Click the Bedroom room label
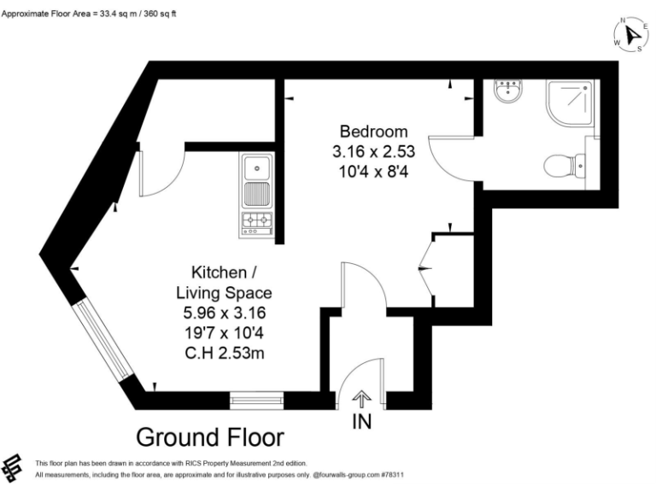click(373, 132)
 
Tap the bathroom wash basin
click(508, 91)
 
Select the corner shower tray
click(570, 102)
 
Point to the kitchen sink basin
click(257, 167)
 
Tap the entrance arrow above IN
click(361, 399)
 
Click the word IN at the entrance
click(362, 421)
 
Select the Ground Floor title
click(210, 437)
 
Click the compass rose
click(631, 35)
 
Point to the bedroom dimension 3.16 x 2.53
click(373, 151)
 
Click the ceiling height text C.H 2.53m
click(225, 354)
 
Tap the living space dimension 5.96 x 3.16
click(225, 313)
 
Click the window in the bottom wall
click(256, 401)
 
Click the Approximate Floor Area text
click(89, 14)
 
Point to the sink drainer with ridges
click(257, 194)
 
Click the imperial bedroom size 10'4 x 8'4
click(373, 172)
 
